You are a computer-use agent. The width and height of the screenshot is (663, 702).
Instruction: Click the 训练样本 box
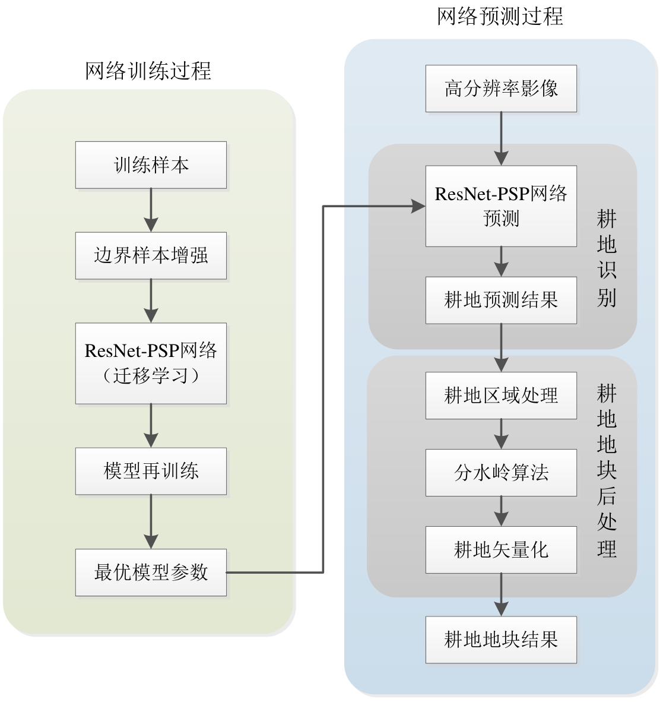151,165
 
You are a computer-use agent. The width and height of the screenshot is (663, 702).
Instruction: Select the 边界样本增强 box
151,256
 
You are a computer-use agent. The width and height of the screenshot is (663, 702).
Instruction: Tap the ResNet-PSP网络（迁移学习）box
151,363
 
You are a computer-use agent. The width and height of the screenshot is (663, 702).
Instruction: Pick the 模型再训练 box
151,471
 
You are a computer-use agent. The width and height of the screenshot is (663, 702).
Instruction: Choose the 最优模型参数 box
151,573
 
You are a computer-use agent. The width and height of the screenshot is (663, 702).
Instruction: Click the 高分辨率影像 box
501,88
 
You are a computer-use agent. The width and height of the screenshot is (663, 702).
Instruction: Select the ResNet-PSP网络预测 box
501,206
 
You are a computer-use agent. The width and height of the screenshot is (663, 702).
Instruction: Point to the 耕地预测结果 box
501,300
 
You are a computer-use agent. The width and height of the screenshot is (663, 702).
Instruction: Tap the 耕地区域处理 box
501,396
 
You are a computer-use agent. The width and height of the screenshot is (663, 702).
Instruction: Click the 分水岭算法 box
501,473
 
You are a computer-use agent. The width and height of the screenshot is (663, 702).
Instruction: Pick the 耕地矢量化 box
501,550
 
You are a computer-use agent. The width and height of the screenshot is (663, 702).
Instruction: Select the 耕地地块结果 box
501,640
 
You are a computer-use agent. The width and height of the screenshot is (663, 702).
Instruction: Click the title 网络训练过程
148,71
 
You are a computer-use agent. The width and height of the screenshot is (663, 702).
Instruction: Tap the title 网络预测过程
500,17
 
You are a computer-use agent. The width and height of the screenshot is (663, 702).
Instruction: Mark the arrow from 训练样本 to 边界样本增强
151,210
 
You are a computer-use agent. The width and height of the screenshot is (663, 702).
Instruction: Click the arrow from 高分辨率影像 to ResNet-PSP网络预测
502,138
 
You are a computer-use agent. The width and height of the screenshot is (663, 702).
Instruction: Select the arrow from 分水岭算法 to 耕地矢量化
502,511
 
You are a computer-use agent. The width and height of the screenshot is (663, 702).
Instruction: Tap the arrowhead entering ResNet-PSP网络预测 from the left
419,206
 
